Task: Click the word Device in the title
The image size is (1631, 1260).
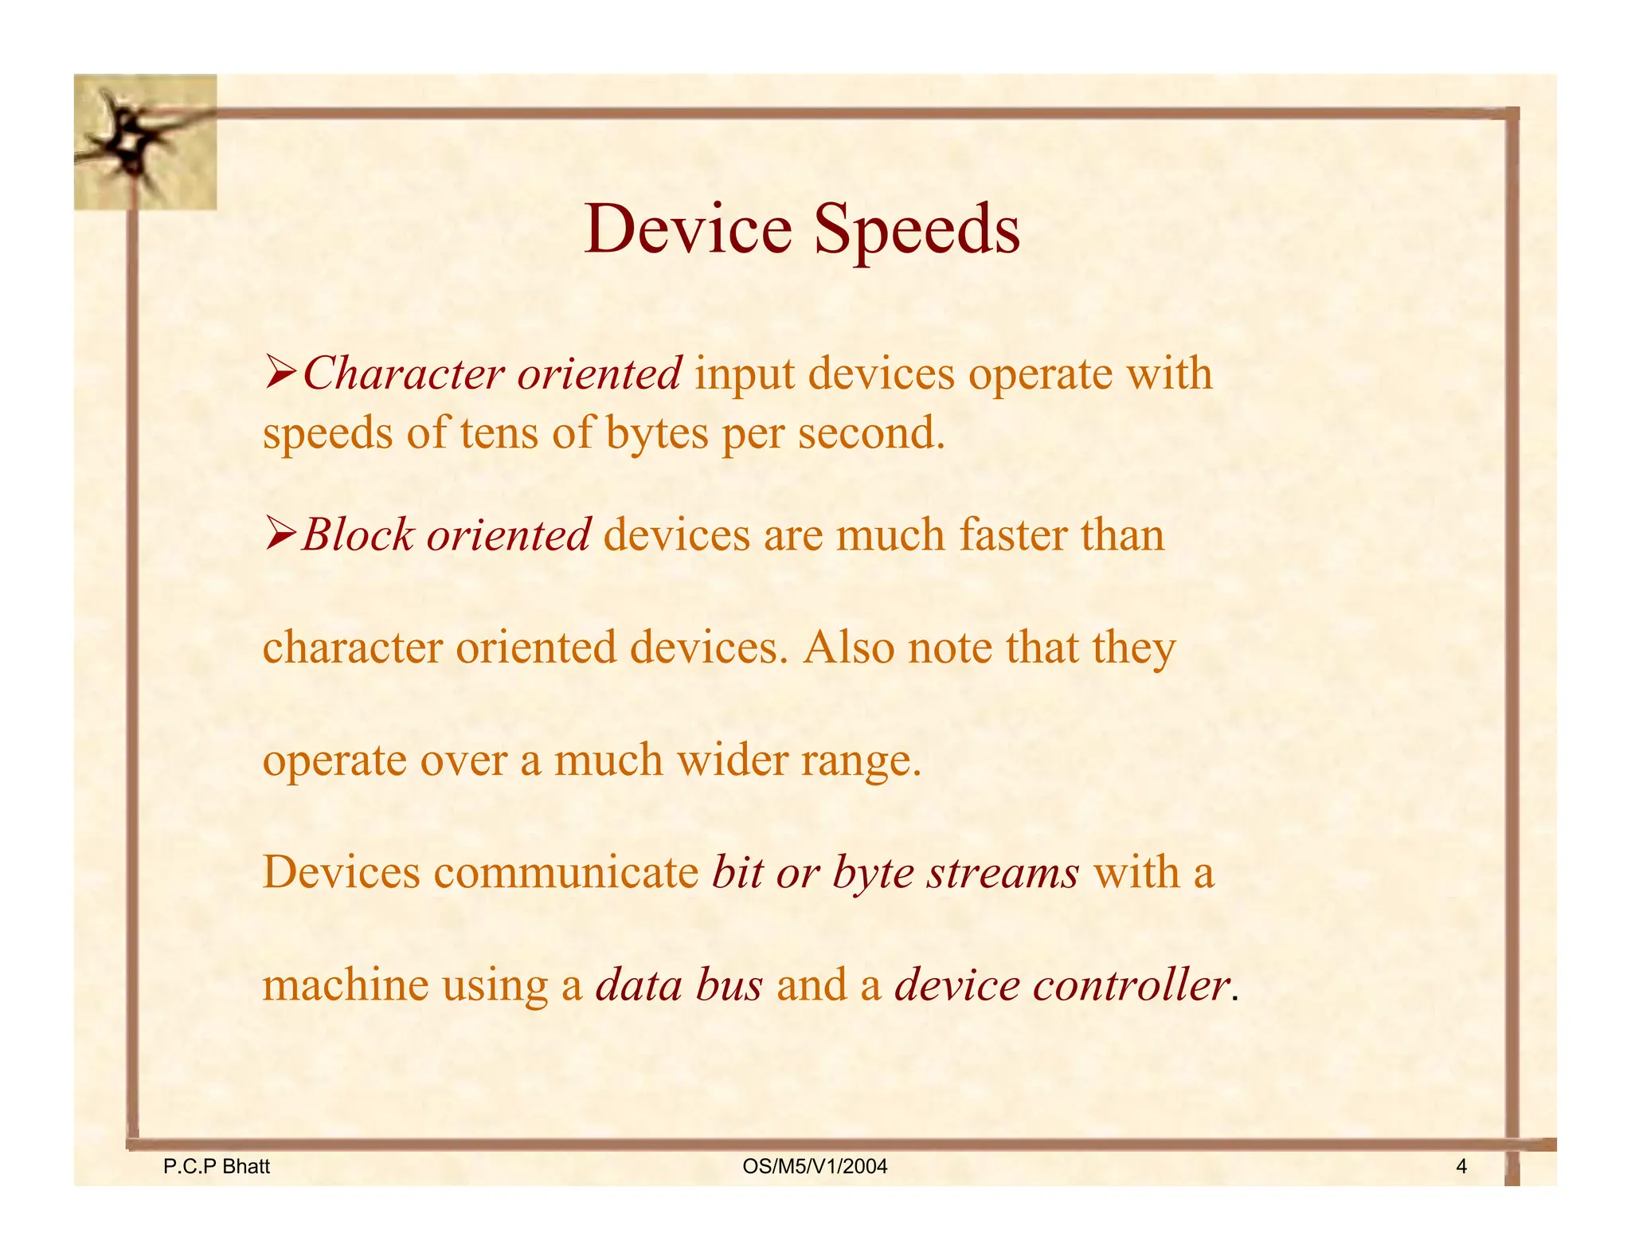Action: tap(688, 229)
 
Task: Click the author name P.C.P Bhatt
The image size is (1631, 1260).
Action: tap(216, 1167)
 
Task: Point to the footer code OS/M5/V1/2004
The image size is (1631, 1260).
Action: tap(814, 1167)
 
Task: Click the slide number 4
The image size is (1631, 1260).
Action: tap(1461, 1167)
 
